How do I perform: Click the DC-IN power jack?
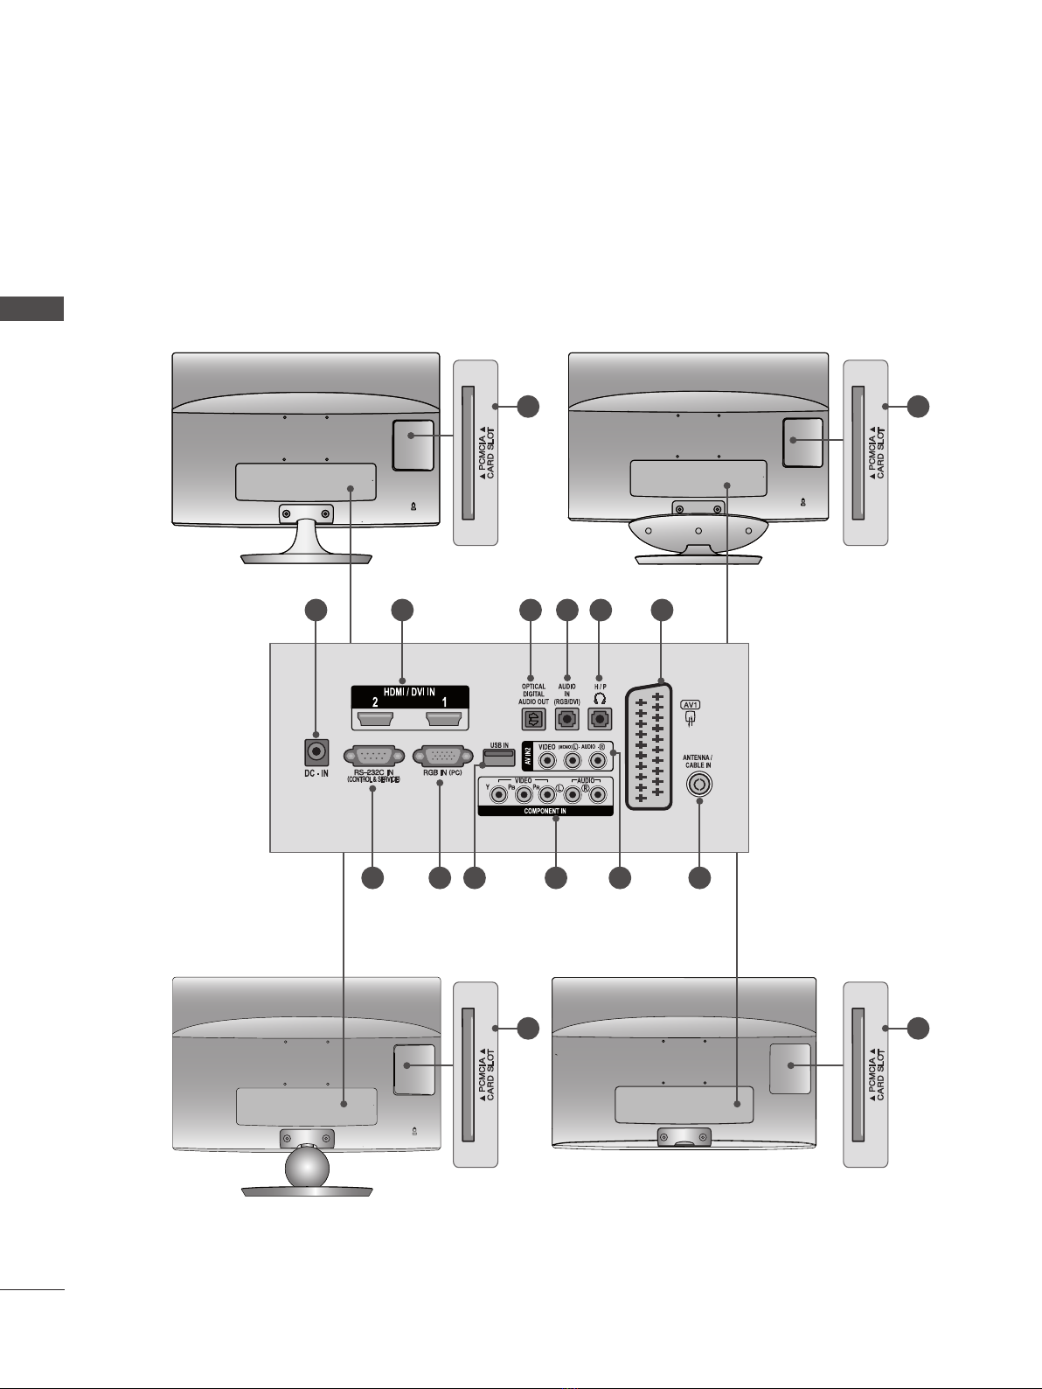315,751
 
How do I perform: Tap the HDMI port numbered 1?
444,719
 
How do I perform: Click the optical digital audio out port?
532,719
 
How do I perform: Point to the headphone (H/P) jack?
600,719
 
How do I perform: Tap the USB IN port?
499,753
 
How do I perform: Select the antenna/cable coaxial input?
698,784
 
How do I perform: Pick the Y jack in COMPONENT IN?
499,795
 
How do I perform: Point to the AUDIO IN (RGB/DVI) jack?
567,719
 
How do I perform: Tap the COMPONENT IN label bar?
545,811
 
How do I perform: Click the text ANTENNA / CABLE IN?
698,761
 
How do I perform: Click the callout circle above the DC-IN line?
315,611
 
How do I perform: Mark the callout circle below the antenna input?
698,878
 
